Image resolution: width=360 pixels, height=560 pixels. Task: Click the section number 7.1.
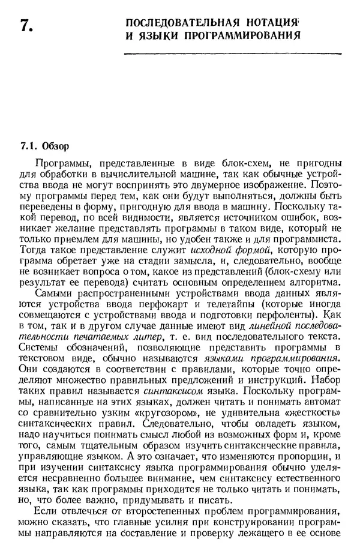pyautogui.click(x=29, y=146)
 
